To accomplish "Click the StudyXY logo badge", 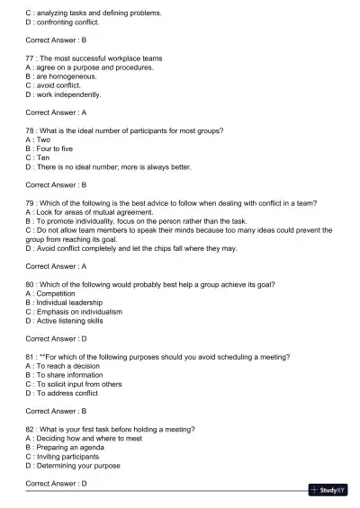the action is click(328, 490).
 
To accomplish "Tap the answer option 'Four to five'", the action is click(61, 148).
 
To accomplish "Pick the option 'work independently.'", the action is click(67, 94).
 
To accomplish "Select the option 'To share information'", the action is click(70, 375).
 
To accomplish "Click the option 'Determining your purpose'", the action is click(78, 466).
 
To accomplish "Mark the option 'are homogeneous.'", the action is click(63, 76).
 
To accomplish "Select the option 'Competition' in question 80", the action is click(60, 293).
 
